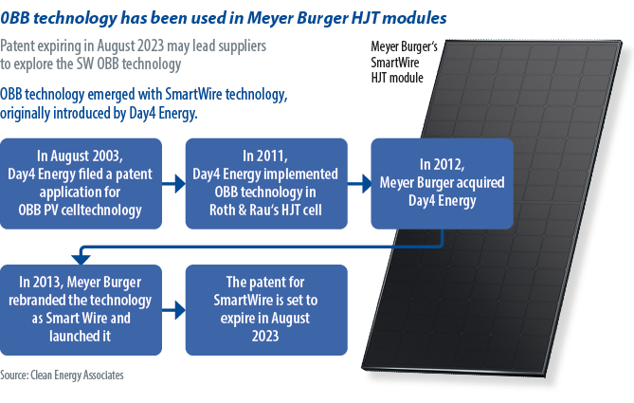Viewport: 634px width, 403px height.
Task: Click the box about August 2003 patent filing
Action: (81, 184)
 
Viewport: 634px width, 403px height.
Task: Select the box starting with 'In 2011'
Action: (266, 184)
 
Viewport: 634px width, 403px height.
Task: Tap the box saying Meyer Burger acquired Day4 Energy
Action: (442, 184)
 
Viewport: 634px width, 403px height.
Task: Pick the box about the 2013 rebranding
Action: (81, 310)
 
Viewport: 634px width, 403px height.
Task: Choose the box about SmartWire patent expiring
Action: (266, 310)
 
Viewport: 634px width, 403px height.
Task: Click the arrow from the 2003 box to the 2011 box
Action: (173, 184)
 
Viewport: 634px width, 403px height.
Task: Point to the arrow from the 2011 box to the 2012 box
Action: (359, 184)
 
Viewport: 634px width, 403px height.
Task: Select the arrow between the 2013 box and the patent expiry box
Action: (173, 310)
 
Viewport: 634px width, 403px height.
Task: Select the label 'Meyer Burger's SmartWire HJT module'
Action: (404, 62)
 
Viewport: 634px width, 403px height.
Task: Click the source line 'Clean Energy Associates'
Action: (77, 376)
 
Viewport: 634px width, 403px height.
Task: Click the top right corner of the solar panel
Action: (621, 41)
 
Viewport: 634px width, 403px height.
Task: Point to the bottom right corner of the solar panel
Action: (547, 377)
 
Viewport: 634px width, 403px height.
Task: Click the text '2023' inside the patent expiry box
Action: (265, 336)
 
